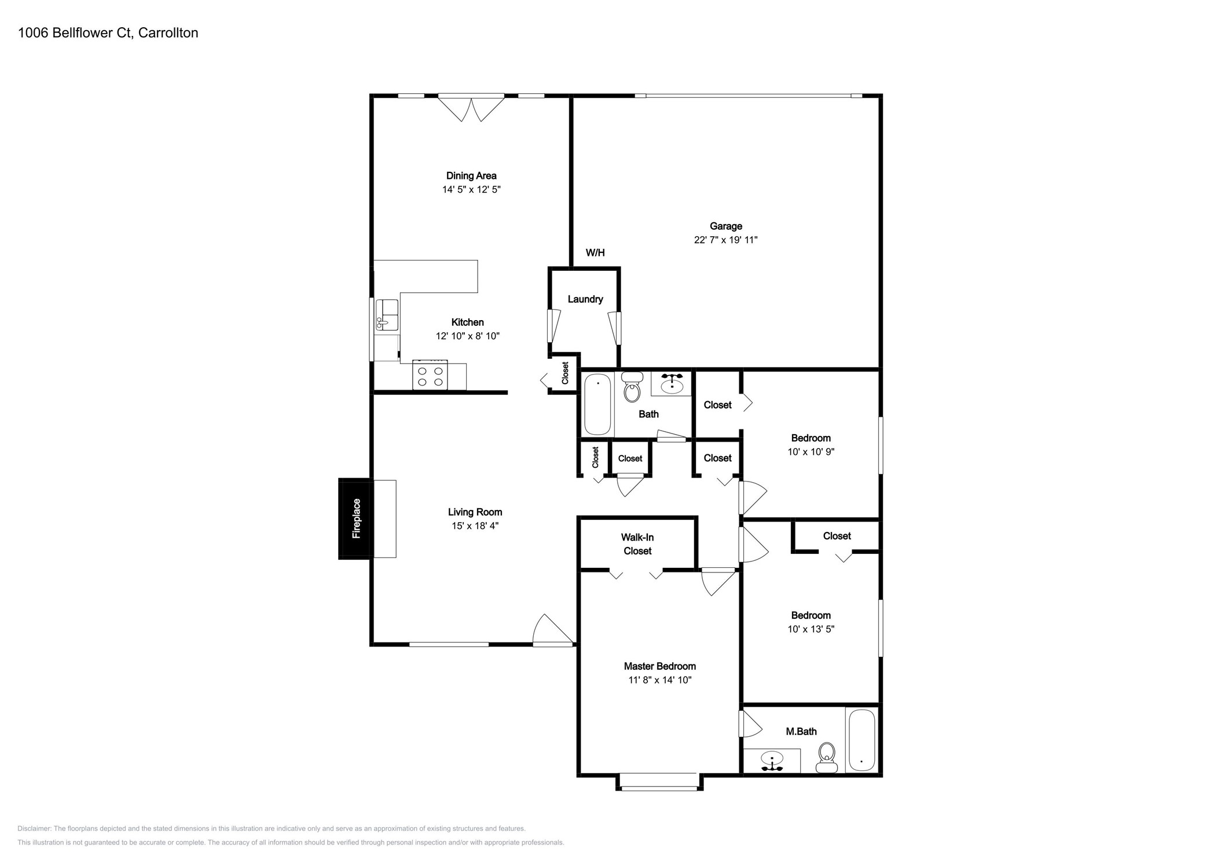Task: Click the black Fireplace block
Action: pos(355,518)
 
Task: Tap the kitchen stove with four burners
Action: pos(430,376)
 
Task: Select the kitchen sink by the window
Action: pos(387,315)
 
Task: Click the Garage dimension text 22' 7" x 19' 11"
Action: pos(725,240)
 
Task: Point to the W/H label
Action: pos(595,252)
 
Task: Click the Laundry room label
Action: pos(585,299)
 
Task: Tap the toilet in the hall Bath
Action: pos(632,388)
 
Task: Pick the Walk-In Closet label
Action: pos(637,544)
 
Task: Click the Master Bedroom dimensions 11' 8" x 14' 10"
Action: pos(659,680)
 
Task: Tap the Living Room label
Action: pos(475,512)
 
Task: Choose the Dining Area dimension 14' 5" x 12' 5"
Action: pos(471,189)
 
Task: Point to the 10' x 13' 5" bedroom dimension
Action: pos(811,629)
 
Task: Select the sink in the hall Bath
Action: pos(672,384)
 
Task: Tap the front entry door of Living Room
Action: pos(553,631)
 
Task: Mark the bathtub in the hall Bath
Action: pos(597,405)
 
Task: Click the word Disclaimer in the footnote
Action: pos(34,828)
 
